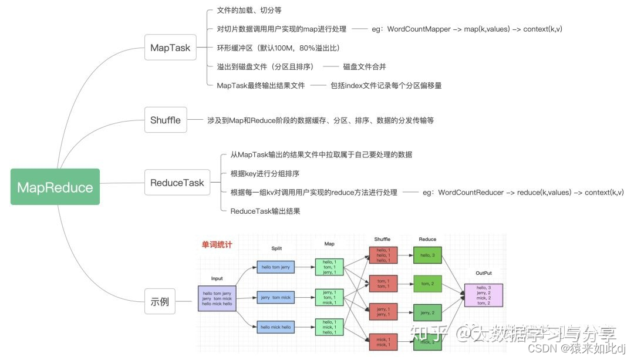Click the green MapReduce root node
click(55, 187)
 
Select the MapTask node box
click(170, 48)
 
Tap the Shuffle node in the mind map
click(165, 120)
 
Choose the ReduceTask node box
click(177, 183)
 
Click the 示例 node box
click(160, 302)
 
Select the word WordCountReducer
click(471, 192)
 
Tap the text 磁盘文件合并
click(365, 66)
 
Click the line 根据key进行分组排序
click(265, 173)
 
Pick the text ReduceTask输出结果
click(265, 211)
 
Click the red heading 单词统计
click(217, 245)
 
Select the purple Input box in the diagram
click(217, 298)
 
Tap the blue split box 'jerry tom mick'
click(275, 297)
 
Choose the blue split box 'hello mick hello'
click(275, 327)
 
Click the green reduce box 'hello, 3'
click(427, 255)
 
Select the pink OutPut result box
click(483, 295)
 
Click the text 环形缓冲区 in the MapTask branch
click(238, 48)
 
